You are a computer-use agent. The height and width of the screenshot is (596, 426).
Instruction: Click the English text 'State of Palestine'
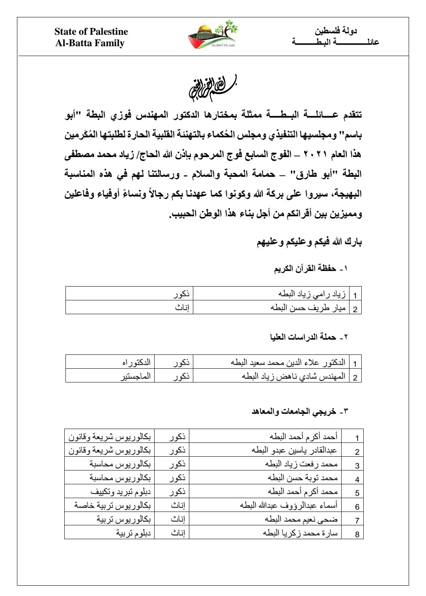91,32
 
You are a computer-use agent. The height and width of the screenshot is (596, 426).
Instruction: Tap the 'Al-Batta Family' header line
90,43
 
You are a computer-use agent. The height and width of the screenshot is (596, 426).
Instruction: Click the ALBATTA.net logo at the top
213,36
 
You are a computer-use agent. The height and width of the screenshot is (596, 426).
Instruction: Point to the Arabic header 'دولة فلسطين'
336,31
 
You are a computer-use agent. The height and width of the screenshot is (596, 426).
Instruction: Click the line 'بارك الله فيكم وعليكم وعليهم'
309,242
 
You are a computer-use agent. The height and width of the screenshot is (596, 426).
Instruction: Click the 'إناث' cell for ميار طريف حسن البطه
182,308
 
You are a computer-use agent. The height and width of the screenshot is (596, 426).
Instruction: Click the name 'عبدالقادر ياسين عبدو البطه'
295,450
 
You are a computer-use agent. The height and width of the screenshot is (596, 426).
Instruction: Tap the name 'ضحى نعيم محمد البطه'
302,519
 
